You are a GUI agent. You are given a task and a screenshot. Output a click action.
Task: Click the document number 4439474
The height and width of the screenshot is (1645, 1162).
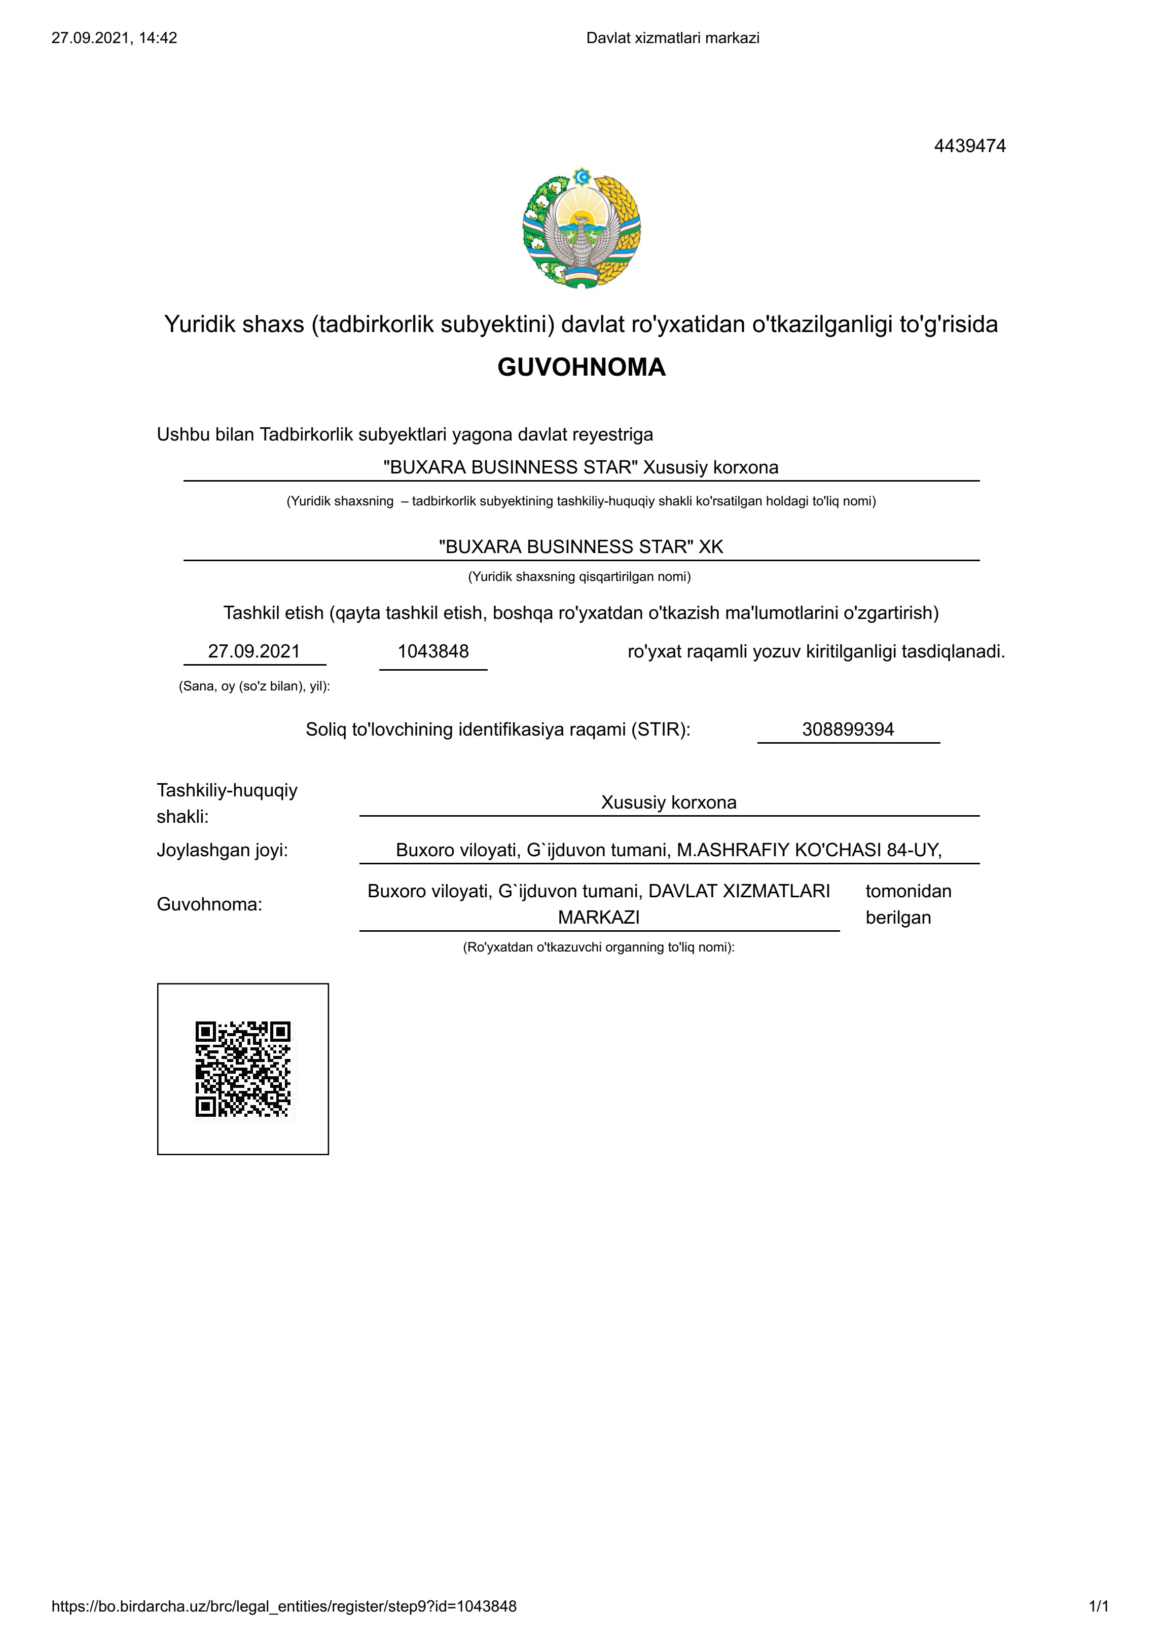pyautogui.click(x=969, y=146)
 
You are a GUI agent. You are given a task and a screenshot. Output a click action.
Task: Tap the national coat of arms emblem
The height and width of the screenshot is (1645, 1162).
pyautogui.click(x=581, y=228)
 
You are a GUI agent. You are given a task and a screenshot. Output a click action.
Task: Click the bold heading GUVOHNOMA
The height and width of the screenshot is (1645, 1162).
pyautogui.click(x=581, y=367)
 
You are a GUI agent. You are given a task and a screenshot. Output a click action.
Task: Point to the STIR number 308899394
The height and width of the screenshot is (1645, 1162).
pyautogui.click(x=848, y=729)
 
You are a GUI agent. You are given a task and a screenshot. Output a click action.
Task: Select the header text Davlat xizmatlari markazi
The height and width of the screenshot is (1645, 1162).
pyautogui.click(x=673, y=38)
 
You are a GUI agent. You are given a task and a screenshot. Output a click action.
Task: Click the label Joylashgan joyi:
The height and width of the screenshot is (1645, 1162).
pyautogui.click(x=222, y=851)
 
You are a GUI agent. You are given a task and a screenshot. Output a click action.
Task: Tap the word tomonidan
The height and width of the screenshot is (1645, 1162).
pyautogui.click(x=907, y=891)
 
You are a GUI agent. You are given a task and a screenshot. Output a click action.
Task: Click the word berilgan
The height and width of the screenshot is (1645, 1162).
pyautogui.click(x=898, y=918)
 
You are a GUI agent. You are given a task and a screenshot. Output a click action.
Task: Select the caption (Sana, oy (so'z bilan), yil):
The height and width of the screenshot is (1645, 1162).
pyautogui.click(x=255, y=686)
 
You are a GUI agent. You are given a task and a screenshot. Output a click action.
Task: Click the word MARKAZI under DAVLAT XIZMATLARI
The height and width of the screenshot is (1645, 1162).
pyautogui.click(x=598, y=918)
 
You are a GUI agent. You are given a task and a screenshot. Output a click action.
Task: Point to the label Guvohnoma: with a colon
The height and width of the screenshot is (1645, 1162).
pyautogui.click(x=209, y=904)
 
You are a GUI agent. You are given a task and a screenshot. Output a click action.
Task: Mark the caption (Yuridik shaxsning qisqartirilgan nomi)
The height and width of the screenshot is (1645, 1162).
pyautogui.click(x=579, y=577)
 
